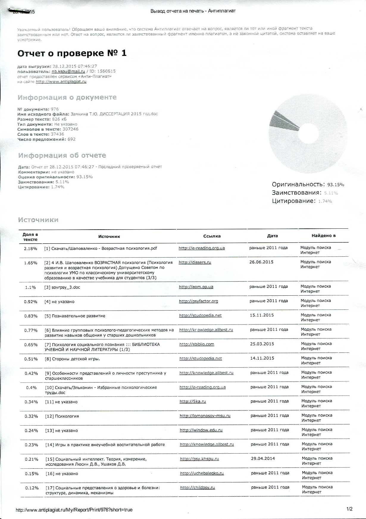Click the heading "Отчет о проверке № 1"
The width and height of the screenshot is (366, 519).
click(x=72, y=53)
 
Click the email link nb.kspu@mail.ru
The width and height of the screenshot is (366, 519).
click(x=68, y=71)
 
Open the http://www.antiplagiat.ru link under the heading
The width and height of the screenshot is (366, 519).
click(x=61, y=81)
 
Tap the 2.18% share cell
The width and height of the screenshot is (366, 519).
click(x=30, y=248)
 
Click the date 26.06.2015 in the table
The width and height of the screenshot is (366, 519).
click(x=261, y=262)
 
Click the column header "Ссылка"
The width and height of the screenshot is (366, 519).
click(x=212, y=236)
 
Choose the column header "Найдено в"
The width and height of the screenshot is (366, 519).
click(x=323, y=236)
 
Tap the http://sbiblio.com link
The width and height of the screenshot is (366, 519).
click(x=197, y=344)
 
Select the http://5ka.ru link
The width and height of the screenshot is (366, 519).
click(x=193, y=401)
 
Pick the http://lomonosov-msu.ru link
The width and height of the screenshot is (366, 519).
click(x=205, y=416)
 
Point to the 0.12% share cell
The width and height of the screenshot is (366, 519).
click(x=32, y=488)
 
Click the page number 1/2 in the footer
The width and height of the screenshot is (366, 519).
click(x=349, y=509)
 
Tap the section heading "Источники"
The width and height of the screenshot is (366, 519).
click(x=38, y=220)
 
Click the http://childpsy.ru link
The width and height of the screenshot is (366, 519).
click(x=198, y=487)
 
